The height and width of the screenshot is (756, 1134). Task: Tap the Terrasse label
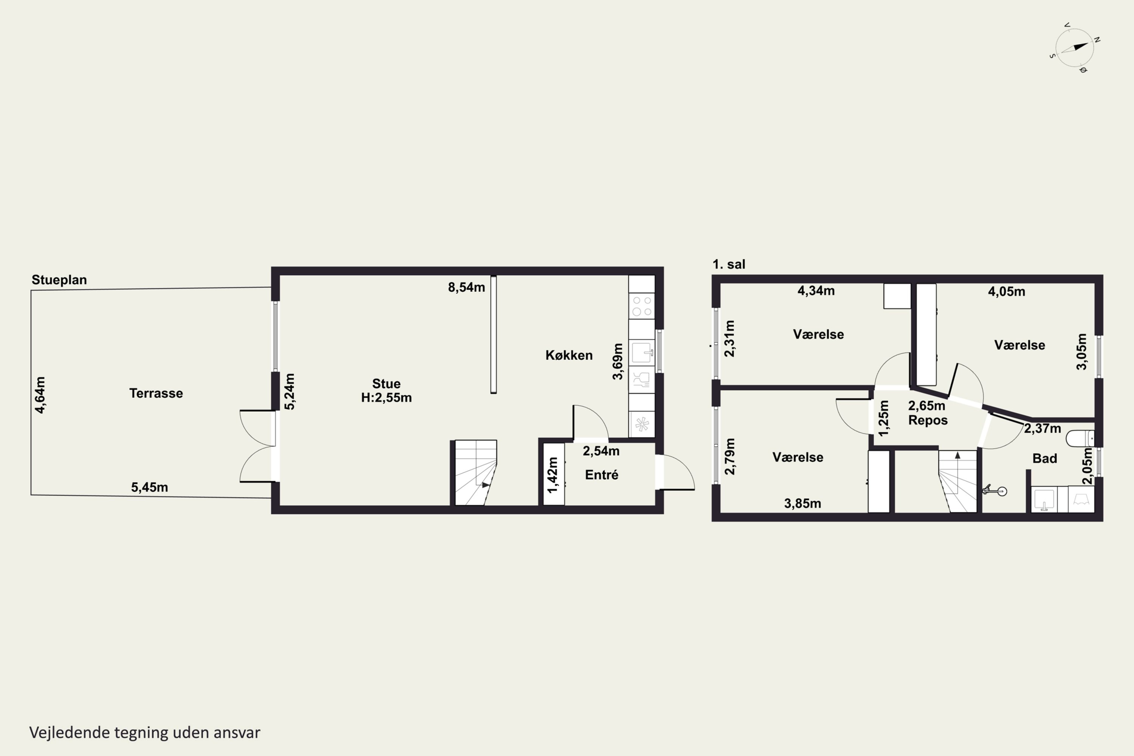tap(156, 393)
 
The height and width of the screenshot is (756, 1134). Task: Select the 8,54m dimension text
tap(466, 287)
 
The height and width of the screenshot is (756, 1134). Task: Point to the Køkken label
tap(569, 355)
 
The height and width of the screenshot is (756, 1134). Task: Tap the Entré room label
tap(601, 475)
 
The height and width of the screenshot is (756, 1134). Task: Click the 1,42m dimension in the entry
tap(553, 475)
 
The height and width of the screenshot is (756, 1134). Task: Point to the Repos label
tap(928, 420)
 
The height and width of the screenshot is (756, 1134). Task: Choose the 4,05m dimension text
tap(1007, 292)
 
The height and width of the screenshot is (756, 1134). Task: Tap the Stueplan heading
tap(59, 280)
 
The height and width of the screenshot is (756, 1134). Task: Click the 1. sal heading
tap(729, 264)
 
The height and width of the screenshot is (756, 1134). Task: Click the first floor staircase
tap(957, 481)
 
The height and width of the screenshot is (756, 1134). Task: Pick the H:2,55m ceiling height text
tap(386, 398)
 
